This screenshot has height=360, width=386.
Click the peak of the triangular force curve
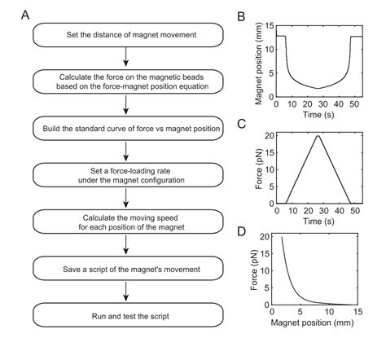pyautogui.click(x=318, y=136)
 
